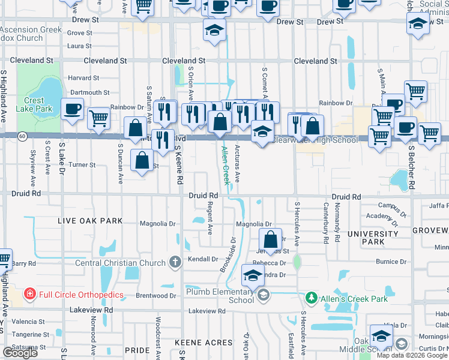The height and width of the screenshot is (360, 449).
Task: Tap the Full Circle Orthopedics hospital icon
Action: pos(29,294)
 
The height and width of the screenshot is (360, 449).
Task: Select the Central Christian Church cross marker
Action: pos(175,262)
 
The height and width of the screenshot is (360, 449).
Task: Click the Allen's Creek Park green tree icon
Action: pos(311,298)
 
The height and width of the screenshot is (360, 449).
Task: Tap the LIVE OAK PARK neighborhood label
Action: pos(90,221)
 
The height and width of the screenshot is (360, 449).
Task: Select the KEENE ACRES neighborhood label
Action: pos(203,343)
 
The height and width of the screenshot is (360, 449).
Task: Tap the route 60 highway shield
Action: pos(22,136)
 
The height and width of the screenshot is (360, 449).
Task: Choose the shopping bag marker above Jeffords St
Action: pos(271,238)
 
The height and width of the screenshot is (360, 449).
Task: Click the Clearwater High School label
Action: pos(315,140)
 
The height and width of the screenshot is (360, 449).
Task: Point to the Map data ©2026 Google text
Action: pos(411,355)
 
